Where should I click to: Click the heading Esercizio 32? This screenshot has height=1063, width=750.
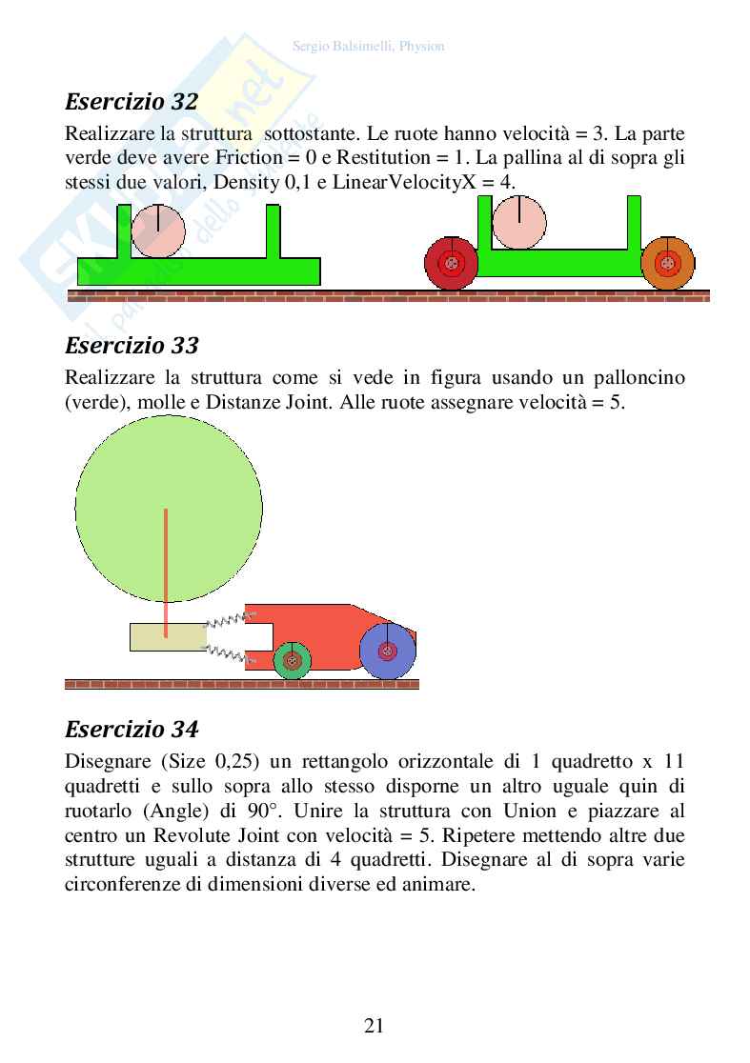pyautogui.click(x=132, y=101)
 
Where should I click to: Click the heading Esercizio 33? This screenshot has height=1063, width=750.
pyautogui.click(x=132, y=344)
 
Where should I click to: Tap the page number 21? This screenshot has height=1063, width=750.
pyautogui.click(x=375, y=1025)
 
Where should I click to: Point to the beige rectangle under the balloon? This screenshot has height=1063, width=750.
pyautogui.click(x=168, y=636)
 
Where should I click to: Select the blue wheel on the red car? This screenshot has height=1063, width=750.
pyautogui.click(x=388, y=651)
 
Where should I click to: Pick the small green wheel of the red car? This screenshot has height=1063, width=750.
pyautogui.click(x=293, y=659)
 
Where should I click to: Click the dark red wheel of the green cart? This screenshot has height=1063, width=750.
pyautogui.click(x=451, y=263)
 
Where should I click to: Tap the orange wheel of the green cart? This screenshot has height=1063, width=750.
pyautogui.click(x=668, y=263)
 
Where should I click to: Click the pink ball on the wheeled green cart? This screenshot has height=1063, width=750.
pyautogui.click(x=519, y=222)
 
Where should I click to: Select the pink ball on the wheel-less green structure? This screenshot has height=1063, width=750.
pyautogui.click(x=158, y=230)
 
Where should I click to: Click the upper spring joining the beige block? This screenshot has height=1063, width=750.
pyautogui.click(x=226, y=621)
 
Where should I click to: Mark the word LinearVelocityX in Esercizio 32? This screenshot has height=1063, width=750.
pyautogui.click(x=396, y=181)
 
